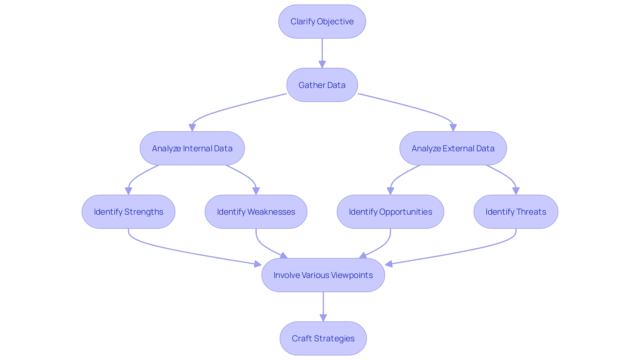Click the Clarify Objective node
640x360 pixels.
pyautogui.click(x=322, y=22)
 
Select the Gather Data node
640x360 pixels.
pyautogui.click(x=322, y=85)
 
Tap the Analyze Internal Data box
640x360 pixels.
pyautogui.click(x=192, y=148)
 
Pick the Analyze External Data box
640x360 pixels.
pyautogui.click(x=453, y=148)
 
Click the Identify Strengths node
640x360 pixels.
pyautogui.click(x=128, y=212)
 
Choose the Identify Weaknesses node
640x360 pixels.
pyautogui.click(x=256, y=212)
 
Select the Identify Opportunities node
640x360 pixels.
pyautogui.click(x=390, y=212)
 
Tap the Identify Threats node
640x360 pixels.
pyautogui.click(x=516, y=212)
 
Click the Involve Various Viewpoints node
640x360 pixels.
pyautogui.click(x=323, y=275)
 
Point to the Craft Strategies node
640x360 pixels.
pyautogui.click(x=323, y=338)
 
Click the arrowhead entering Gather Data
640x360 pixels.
pyautogui.click(x=322, y=64)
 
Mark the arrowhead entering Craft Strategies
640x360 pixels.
pyautogui.click(x=323, y=318)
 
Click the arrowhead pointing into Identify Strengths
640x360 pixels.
pyautogui.click(x=128, y=191)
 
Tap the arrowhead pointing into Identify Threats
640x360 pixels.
pyautogui.click(x=516, y=191)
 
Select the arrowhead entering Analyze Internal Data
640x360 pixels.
pyautogui.click(x=192, y=128)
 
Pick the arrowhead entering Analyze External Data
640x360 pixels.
pyautogui.click(x=453, y=128)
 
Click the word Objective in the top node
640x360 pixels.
pyautogui.click(x=335, y=22)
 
